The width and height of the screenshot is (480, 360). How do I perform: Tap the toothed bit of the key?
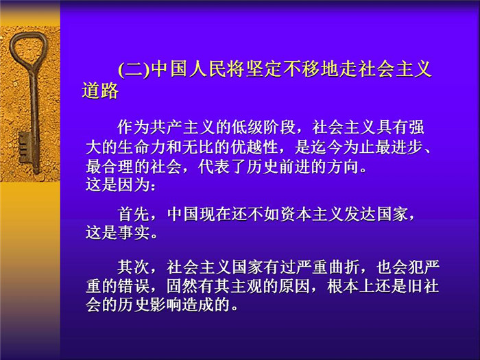(x=25, y=147)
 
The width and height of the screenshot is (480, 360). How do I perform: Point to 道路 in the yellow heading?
(x=100, y=91)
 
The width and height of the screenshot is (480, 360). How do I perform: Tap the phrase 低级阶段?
(x=263, y=127)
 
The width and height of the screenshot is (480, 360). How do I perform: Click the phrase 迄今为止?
(x=343, y=147)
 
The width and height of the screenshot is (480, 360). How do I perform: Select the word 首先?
(x=134, y=214)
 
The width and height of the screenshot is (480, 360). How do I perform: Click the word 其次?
(x=134, y=267)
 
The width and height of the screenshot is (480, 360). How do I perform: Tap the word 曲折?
(x=343, y=267)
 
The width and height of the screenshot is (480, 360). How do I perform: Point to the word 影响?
(x=166, y=304)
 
